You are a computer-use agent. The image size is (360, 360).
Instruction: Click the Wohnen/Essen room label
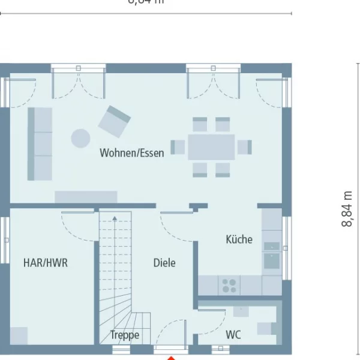click(131, 153)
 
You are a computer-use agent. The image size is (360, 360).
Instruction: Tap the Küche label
click(239, 239)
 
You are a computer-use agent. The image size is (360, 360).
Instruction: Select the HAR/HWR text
click(46, 263)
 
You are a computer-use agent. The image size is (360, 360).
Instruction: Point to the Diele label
click(164, 263)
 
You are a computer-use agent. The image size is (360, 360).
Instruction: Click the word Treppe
click(125, 335)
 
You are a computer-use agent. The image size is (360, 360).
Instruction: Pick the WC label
click(233, 335)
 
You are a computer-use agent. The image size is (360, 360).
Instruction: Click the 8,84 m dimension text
click(347, 208)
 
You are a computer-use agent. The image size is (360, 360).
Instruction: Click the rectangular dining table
click(211, 147)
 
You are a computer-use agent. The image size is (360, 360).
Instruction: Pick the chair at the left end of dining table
click(178, 147)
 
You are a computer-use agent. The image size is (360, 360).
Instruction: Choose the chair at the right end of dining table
click(244, 147)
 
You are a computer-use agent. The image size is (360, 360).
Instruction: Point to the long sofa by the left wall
click(40, 144)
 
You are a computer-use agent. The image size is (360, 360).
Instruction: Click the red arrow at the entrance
click(171, 358)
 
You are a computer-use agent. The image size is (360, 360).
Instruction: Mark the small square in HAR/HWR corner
click(19, 336)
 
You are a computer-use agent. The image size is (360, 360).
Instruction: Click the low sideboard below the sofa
click(86, 197)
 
